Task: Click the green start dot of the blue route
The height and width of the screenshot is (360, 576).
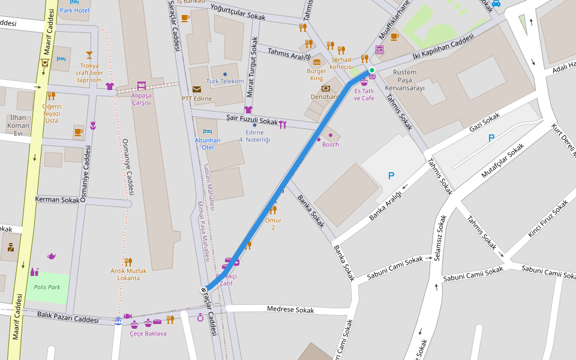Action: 372,71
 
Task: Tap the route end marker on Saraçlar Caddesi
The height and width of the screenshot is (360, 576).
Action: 204,290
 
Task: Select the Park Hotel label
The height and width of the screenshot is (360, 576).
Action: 74,11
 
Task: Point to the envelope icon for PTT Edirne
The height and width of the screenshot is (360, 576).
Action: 197,89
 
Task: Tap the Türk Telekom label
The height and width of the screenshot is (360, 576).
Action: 225,81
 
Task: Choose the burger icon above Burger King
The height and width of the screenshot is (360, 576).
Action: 316,62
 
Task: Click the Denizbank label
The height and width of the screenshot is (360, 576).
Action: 325,97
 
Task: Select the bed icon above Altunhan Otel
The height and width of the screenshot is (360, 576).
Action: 208,131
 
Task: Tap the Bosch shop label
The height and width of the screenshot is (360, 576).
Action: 331,144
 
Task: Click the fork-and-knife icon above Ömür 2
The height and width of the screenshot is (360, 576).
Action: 273,209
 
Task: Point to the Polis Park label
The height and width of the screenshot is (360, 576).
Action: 47,287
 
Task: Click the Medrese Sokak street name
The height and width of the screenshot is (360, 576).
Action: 290,310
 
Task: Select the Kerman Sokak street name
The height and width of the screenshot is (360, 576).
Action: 58,199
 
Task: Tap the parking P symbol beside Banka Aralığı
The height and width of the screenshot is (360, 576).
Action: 391,176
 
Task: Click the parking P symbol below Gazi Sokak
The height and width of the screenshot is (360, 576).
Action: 491,138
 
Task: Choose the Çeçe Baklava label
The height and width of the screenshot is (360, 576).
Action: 148,333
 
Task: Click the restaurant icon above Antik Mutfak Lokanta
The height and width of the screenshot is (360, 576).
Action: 128,262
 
